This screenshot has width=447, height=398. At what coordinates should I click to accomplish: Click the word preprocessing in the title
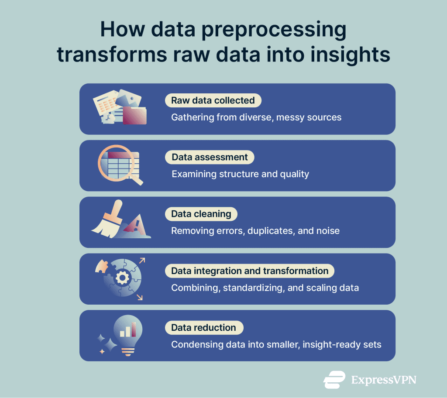(274, 30)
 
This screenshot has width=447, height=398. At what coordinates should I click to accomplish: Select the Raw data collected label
(213, 100)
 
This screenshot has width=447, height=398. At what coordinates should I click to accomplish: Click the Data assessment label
(210, 157)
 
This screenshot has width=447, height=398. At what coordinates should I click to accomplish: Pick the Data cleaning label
(201, 214)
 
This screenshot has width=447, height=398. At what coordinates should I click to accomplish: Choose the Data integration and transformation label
(249, 271)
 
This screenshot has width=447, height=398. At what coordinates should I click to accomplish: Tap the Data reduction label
(204, 327)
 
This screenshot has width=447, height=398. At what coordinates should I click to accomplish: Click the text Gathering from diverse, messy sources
(256, 117)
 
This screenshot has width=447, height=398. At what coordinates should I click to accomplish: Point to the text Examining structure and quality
(241, 174)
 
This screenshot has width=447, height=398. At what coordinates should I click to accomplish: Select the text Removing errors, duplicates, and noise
(255, 231)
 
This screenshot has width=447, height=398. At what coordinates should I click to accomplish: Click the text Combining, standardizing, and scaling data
(265, 288)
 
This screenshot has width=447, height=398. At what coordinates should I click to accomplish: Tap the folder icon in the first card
(134, 116)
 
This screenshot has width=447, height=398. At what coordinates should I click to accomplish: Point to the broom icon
(108, 220)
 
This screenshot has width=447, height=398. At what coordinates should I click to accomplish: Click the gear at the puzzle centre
(122, 278)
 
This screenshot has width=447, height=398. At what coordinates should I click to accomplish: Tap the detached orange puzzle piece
(102, 267)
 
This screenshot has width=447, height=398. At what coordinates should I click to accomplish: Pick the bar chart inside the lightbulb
(128, 330)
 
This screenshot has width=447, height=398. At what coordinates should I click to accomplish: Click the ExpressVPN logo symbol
(334, 380)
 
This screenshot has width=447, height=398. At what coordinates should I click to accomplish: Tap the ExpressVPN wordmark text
(384, 380)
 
